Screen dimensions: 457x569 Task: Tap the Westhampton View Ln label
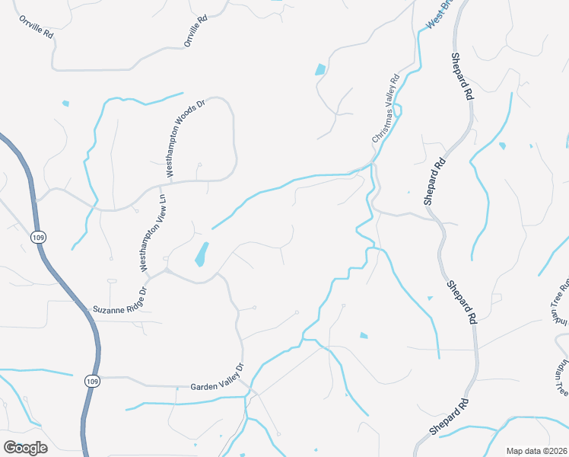click(155, 232)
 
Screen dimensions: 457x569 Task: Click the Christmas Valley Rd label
click(386, 109)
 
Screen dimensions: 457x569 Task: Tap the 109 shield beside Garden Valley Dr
click(93, 381)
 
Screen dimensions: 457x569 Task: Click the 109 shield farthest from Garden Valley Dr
click(38, 238)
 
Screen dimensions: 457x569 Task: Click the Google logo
click(25, 447)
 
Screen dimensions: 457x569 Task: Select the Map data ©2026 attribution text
click(536, 451)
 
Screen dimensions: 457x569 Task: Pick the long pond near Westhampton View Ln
click(202, 254)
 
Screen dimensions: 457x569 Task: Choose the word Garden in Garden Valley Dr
click(203, 387)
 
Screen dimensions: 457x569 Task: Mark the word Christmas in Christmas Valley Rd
click(382, 123)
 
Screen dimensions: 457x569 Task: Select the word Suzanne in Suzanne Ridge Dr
click(106, 309)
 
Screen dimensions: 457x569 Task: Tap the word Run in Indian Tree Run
click(565, 289)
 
